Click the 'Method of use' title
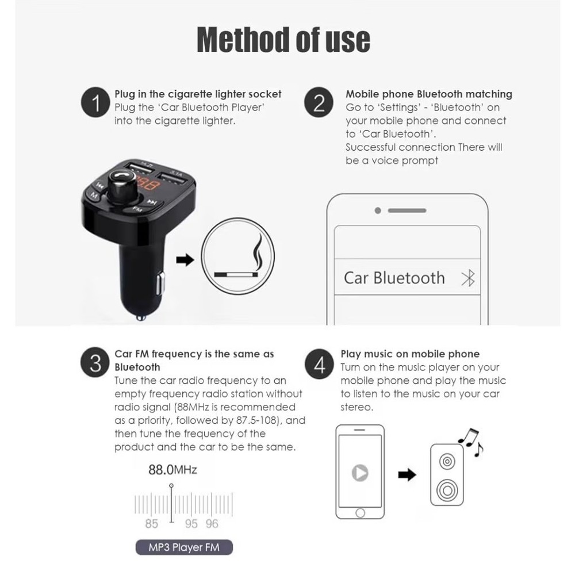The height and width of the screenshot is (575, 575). click(283, 40)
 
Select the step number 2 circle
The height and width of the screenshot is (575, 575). click(319, 104)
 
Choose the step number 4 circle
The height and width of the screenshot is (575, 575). click(319, 364)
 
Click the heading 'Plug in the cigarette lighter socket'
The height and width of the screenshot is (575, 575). click(198, 94)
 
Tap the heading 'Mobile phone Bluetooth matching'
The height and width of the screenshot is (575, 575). click(428, 94)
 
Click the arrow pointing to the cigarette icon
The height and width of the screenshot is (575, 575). click(185, 260)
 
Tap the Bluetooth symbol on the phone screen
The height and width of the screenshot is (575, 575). click(469, 278)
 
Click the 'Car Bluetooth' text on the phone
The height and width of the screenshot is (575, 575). click(394, 278)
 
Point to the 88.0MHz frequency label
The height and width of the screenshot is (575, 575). click(172, 470)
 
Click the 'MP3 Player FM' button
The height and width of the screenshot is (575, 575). click(184, 547)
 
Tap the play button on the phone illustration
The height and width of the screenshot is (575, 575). click(360, 473)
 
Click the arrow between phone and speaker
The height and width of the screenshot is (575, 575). click(407, 474)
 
